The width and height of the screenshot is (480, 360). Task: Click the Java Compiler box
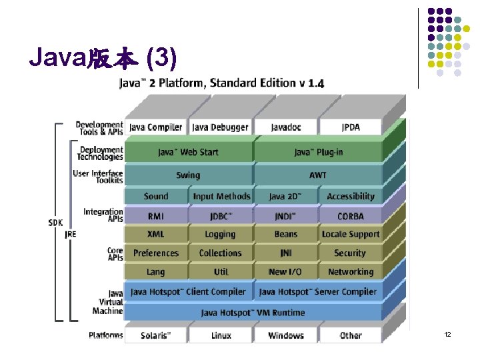coord(155,127)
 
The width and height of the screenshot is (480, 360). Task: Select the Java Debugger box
coord(220,127)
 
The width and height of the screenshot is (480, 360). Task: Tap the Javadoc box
coord(285,127)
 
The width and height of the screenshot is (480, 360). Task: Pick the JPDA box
coord(351,127)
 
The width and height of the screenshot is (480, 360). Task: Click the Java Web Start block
coord(188,152)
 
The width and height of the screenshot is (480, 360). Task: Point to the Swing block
coord(188,175)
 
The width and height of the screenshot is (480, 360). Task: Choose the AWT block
coord(318,175)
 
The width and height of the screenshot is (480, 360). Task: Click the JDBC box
coord(220,216)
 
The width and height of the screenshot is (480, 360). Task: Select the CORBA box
coord(351,216)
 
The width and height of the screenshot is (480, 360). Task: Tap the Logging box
coord(220,235)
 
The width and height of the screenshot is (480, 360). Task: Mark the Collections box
coord(220,253)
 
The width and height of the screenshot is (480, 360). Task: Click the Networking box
coord(351,272)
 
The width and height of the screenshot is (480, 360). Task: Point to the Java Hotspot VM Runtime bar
coord(253,313)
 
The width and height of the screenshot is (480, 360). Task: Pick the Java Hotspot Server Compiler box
coord(318,292)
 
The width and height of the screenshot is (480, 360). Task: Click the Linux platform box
coord(220,335)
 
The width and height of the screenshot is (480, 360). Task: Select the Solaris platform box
coord(155,335)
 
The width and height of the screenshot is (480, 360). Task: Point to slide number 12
coord(447,334)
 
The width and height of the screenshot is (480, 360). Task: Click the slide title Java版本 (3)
coord(103,60)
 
